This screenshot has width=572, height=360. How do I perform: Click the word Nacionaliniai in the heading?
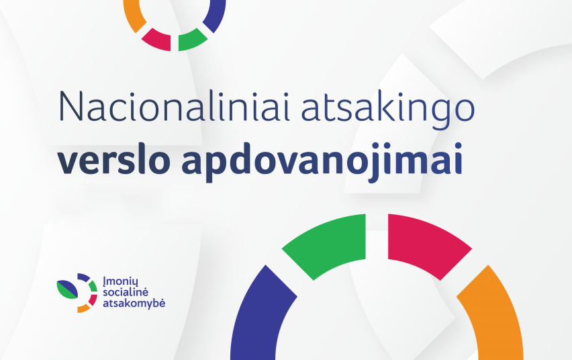point(174,106)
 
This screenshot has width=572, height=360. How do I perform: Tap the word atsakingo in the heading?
point(388,109)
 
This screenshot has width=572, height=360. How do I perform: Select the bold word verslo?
point(113,159)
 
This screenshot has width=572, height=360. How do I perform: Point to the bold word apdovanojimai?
point(322,162)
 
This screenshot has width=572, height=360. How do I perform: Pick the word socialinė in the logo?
point(126,292)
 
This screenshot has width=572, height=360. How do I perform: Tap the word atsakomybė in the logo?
point(134,303)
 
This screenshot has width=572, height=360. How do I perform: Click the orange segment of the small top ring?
point(132,15)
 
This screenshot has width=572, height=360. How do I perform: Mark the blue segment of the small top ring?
point(216,15)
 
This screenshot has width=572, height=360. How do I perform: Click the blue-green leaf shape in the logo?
point(67,289)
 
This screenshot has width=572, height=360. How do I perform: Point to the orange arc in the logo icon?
point(83,309)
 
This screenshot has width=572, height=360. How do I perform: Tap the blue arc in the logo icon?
point(83,277)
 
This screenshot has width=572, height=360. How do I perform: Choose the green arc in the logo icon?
point(93,286)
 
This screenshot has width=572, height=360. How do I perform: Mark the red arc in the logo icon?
point(93,300)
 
